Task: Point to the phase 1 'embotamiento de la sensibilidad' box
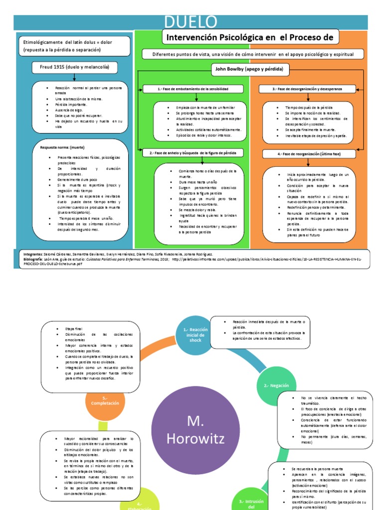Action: tap(193, 89)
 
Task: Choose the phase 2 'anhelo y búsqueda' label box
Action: tap(193, 152)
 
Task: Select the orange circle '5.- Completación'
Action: tap(104, 400)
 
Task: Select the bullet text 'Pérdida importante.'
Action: tap(72, 105)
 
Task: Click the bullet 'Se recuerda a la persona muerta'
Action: tap(316, 469)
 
